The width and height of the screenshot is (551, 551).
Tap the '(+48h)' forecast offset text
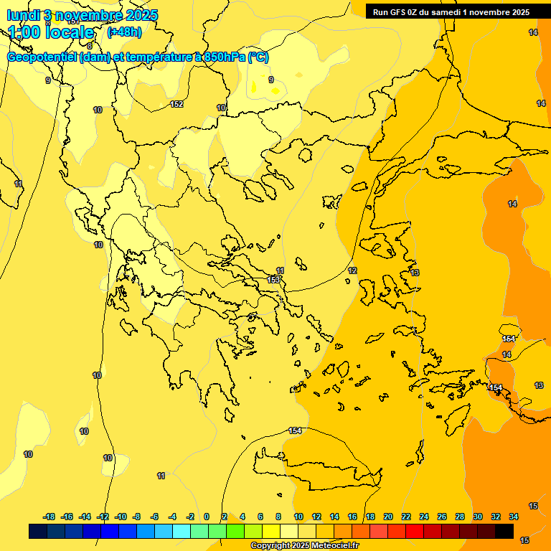tap(124, 32)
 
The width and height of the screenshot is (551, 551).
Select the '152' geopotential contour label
tap(176, 104)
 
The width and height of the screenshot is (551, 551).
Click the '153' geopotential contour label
tap(273, 280)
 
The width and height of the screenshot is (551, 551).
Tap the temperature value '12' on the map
tap(352, 270)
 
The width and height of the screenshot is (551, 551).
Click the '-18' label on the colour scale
tap(49, 517)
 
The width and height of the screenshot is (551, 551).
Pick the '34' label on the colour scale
tap(514, 517)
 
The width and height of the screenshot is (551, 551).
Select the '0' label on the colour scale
tap(207, 517)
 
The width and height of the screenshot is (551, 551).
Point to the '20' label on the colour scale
tap(388, 517)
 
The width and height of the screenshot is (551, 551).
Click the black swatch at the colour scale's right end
tap(504, 531)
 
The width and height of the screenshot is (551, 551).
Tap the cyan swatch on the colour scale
tap(182, 531)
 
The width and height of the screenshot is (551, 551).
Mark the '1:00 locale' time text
tap(51, 32)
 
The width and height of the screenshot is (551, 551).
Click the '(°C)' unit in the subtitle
tap(258, 58)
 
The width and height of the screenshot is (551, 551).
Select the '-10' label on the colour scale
tap(120, 517)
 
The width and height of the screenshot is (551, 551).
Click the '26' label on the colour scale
tap(442, 517)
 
